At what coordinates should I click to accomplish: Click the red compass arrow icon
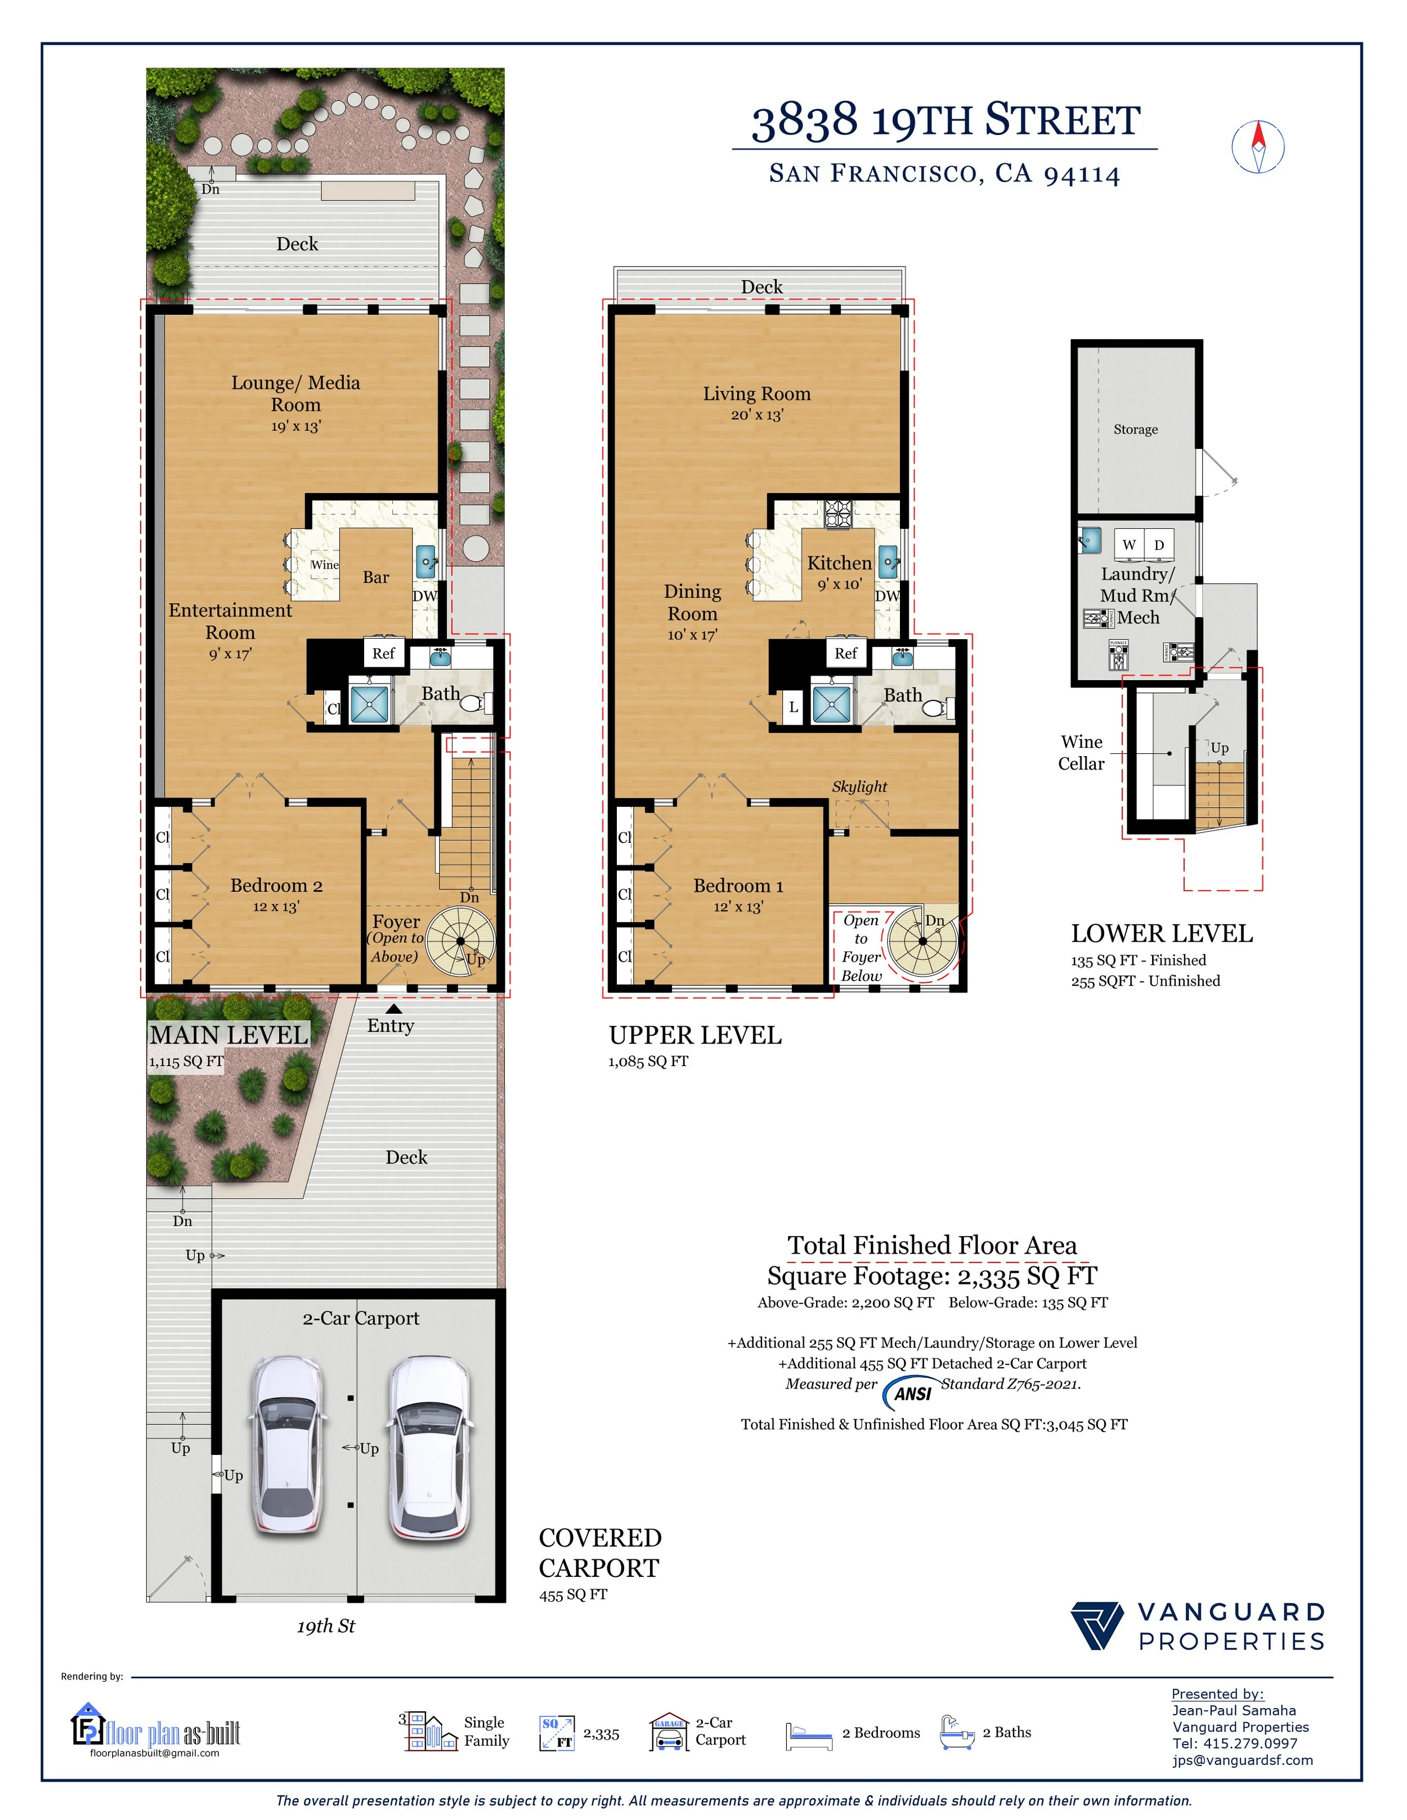(x=1258, y=147)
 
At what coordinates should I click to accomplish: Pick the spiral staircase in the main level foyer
(x=461, y=942)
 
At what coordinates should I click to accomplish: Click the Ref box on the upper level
(x=845, y=653)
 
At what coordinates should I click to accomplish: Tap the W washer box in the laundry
(x=1130, y=544)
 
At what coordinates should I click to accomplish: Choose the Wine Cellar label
(x=1081, y=753)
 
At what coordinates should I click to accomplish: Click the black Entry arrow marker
(x=393, y=1008)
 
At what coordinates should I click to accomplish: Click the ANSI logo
(x=911, y=1392)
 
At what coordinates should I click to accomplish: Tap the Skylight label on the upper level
(x=859, y=786)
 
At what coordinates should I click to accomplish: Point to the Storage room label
(x=1135, y=429)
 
